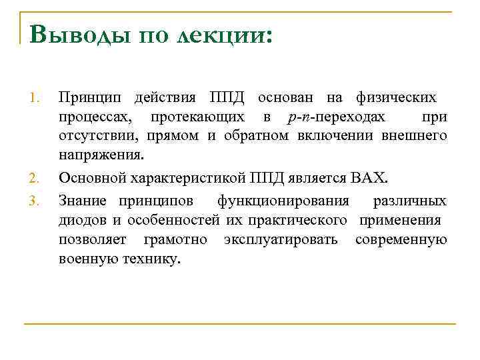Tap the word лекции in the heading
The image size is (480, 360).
(221, 34)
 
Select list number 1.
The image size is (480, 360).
(37, 99)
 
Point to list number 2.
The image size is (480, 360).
(37, 179)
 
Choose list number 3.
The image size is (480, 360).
(37, 199)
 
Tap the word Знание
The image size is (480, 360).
(83, 201)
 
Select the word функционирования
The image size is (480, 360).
(283, 201)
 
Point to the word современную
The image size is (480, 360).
(401, 239)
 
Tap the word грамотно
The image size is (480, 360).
(175, 239)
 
